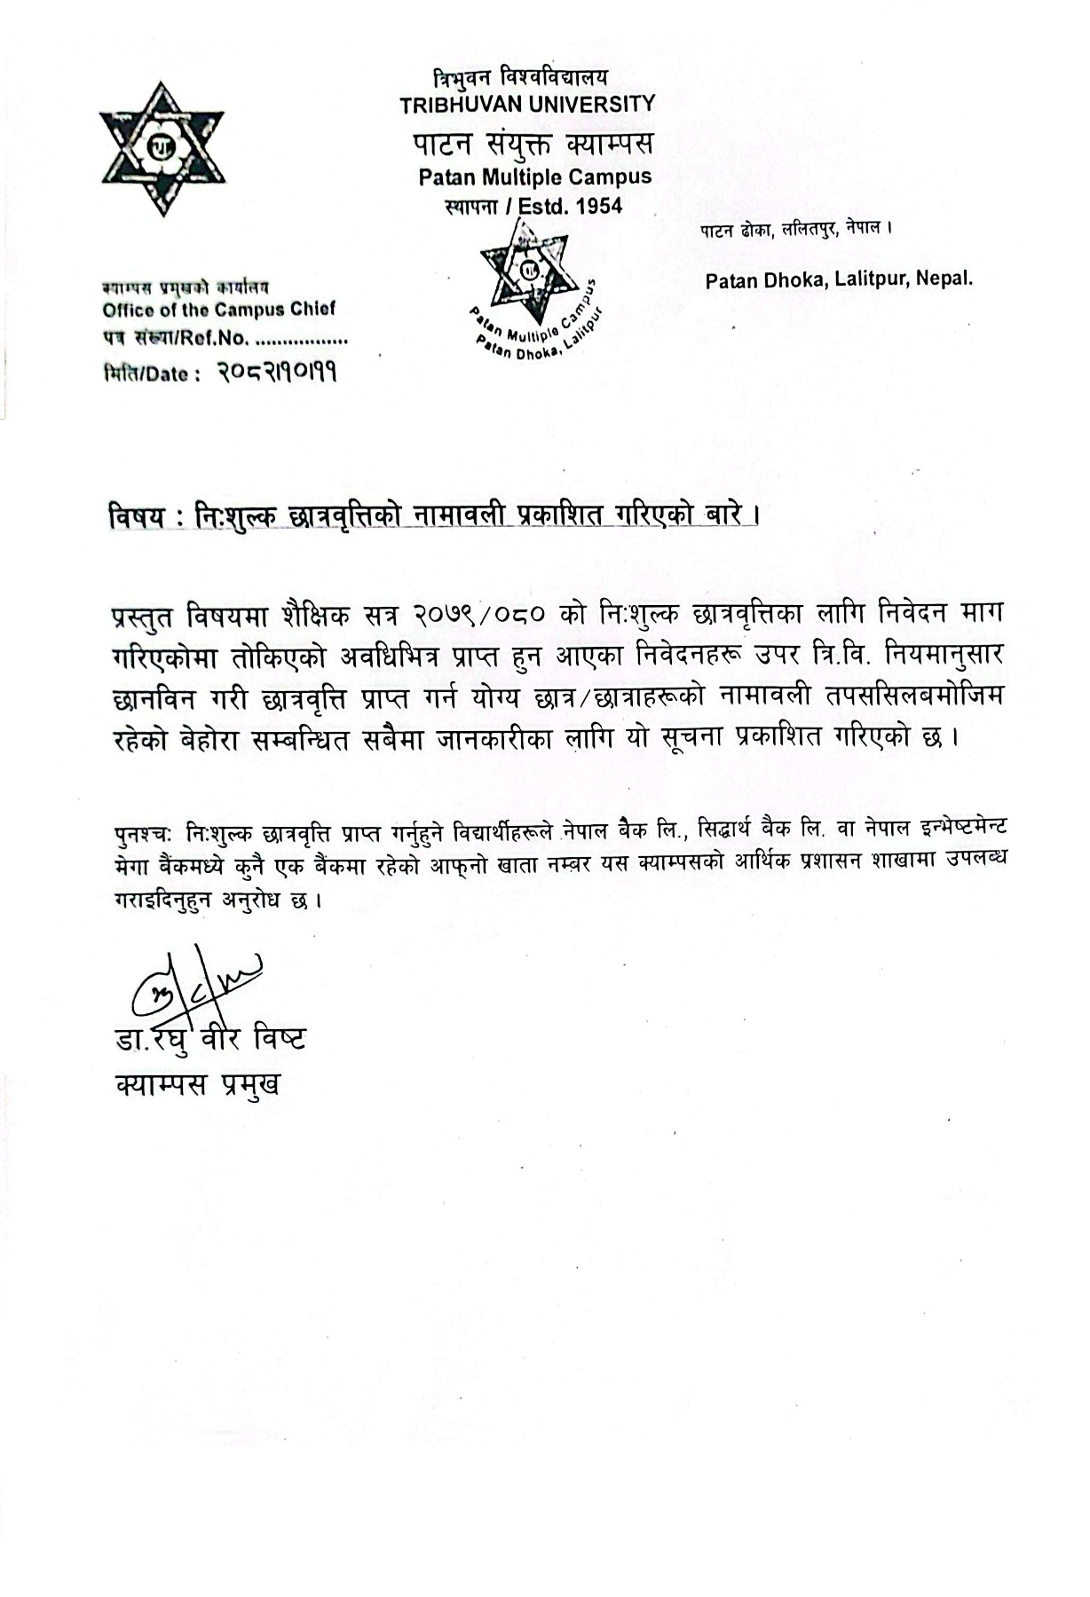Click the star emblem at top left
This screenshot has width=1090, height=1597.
coord(161,148)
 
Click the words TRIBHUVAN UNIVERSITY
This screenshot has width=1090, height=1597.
coord(526,104)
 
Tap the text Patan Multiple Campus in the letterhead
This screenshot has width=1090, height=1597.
coord(535,177)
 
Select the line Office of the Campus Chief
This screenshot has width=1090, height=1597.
coord(218,310)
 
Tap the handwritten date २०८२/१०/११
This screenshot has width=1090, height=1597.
coord(277,374)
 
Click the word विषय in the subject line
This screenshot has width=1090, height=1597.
coord(136,517)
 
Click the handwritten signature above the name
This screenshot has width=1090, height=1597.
coord(194,981)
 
